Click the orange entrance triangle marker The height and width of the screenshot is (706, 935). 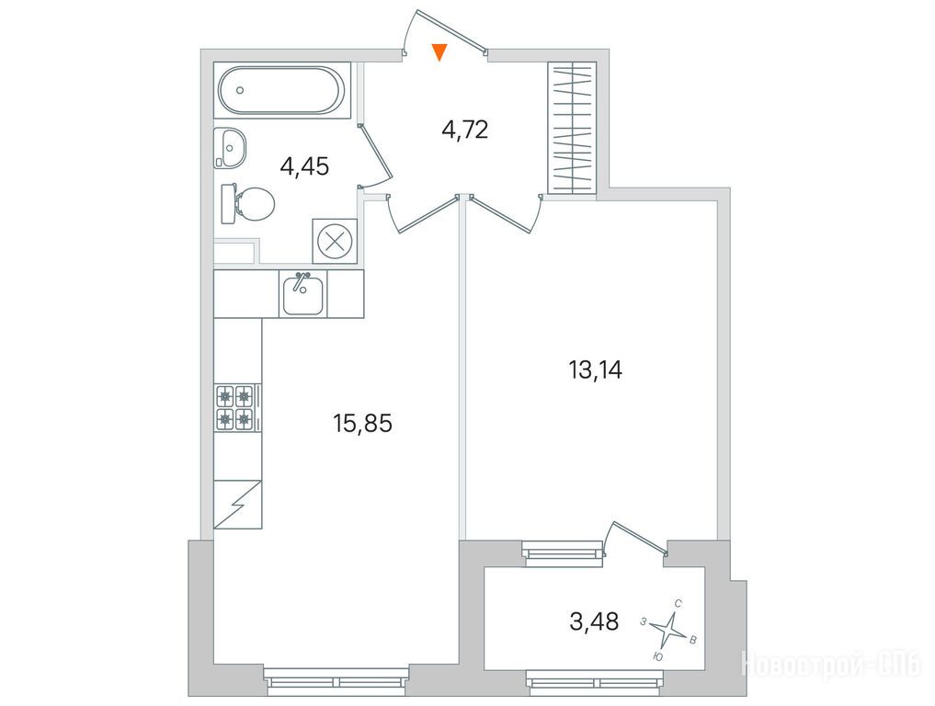pyautogui.click(x=439, y=51)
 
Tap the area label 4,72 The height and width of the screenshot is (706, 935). pyautogui.click(x=465, y=130)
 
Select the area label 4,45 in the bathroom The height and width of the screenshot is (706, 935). pyautogui.click(x=304, y=166)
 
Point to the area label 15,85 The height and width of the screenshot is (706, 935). pyautogui.click(x=362, y=424)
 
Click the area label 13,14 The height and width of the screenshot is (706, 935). pyautogui.click(x=595, y=370)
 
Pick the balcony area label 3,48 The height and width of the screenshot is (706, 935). pyautogui.click(x=594, y=622)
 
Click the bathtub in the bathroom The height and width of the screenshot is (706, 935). pyautogui.click(x=280, y=91)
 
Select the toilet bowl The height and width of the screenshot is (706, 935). pyautogui.click(x=247, y=203)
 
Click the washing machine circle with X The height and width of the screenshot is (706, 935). pyautogui.click(x=336, y=242)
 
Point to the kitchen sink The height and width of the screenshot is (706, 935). pyautogui.click(x=302, y=293)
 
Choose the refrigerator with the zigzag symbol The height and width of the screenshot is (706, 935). pyautogui.click(x=237, y=505)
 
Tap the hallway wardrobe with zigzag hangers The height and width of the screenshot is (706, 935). pyautogui.click(x=573, y=128)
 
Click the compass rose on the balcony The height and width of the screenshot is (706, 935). pyautogui.click(x=667, y=628)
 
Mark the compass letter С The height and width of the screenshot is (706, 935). pyautogui.click(x=678, y=603)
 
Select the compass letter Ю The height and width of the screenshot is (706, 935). pyautogui.click(x=658, y=656)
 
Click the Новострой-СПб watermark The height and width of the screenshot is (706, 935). pyautogui.click(x=832, y=665)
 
